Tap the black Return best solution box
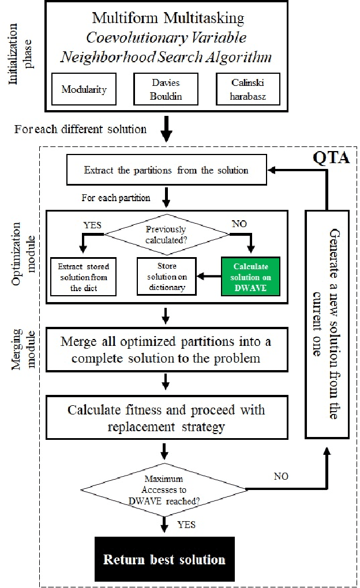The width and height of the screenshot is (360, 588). (x=164, y=559)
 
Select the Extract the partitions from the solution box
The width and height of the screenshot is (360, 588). (x=166, y=170)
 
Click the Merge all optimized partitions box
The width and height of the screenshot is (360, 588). (x=166, y=349)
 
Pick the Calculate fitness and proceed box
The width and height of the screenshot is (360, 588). (x=166, y=418)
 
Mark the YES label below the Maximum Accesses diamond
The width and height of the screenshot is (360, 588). (x=186, y=524)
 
